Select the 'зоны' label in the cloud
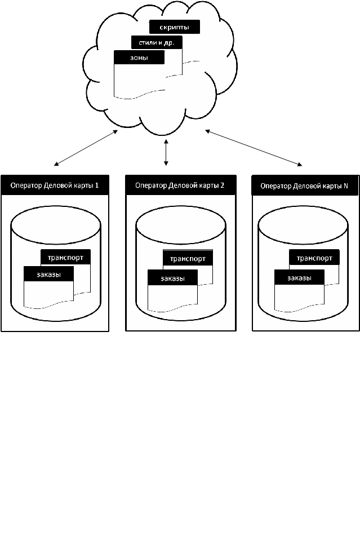point(139,58)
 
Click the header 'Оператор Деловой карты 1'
point(55,185)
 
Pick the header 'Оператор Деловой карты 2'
point(180,185)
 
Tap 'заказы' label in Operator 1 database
point(48,275)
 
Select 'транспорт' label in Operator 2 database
point(188,259)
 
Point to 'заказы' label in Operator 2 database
point(172,278)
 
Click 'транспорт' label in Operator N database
point(314,259)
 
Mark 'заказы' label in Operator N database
point(299,278)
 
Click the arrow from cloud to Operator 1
point(86,148)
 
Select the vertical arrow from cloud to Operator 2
point(166,153)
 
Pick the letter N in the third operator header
point(346,185)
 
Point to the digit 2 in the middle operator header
point(223,185)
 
